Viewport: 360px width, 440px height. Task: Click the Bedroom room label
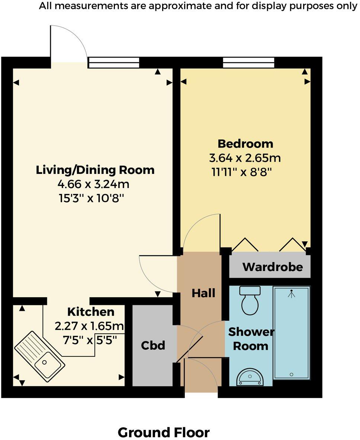pos(245,143)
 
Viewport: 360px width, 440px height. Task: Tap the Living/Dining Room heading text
pos(95,170)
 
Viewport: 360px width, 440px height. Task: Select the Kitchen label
pos(91,311)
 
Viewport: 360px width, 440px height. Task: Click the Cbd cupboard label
pos(153,345)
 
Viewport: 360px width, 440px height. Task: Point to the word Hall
pos(203,293)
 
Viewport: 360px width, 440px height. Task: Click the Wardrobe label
pos(272,267)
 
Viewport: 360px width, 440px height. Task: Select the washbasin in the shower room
pos(250,377)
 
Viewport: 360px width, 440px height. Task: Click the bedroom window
pos(248,62)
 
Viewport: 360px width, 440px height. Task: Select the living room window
pos(113,62)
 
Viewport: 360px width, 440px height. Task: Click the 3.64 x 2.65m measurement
pos(245,158)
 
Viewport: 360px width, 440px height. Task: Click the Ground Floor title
pos(164,432)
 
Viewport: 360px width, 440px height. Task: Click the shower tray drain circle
pos(292,374)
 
